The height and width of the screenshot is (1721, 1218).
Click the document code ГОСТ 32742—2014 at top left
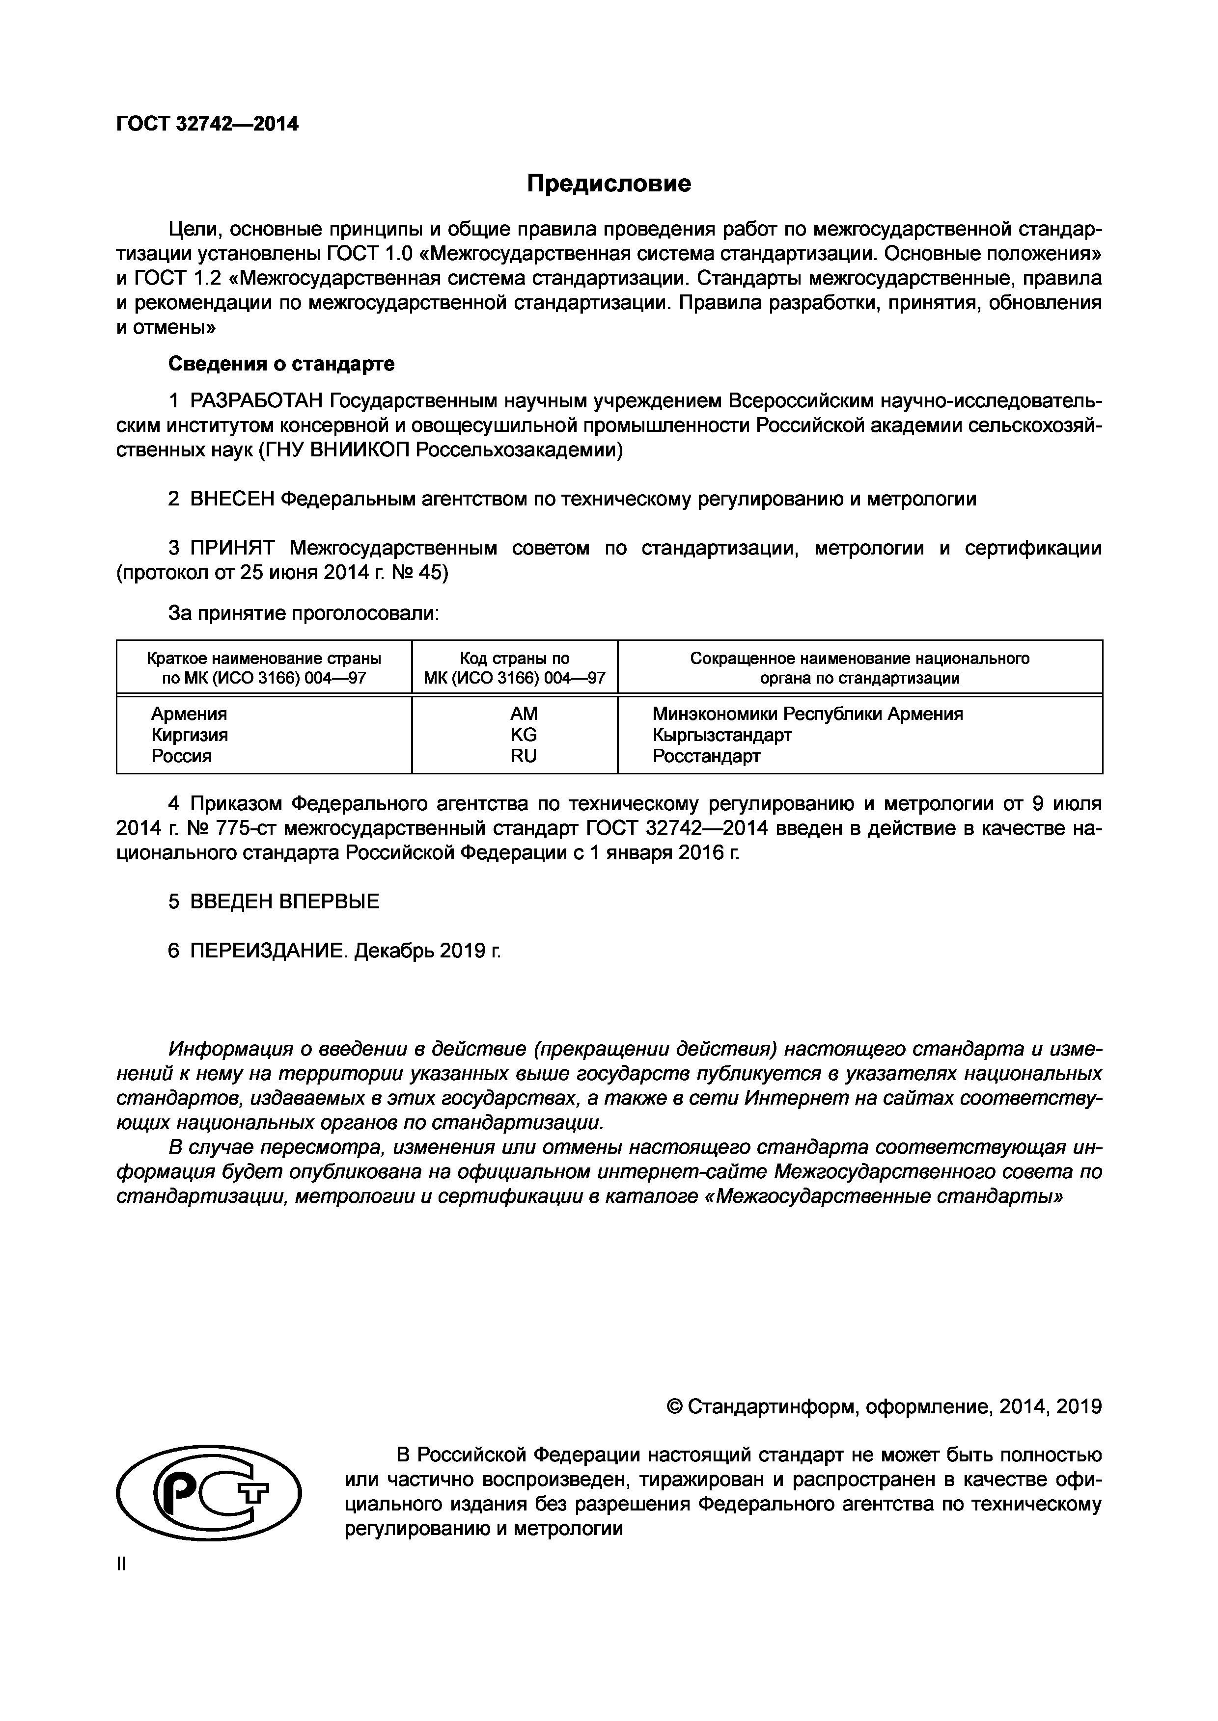207,124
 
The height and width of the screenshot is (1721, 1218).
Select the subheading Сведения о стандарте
281,364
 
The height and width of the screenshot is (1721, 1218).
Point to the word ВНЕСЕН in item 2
232,499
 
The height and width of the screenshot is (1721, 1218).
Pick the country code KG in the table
524,735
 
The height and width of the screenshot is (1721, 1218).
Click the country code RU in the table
524,756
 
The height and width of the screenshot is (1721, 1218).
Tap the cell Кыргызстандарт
721,735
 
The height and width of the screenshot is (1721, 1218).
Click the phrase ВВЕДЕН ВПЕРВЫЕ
284,902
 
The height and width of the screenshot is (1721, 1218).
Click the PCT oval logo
209,1493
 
